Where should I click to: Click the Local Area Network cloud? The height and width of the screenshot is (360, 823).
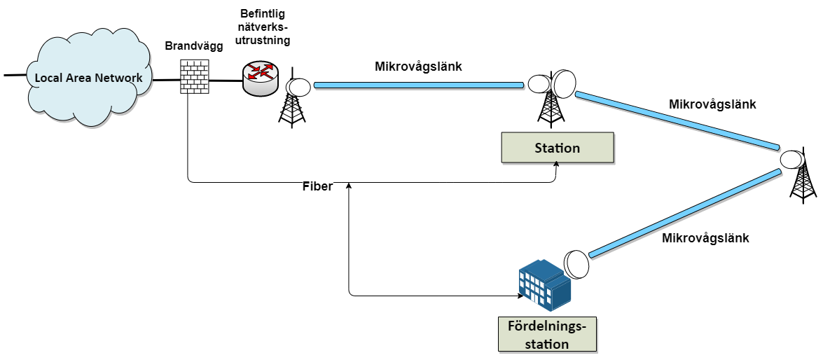click(x=88, y=78)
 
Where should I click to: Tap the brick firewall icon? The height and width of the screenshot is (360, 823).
click(x=194, y=76)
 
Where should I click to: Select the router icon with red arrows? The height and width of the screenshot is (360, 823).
click(x=261, y=78)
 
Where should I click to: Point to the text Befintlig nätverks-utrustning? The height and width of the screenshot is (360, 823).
click(x=265, y=26)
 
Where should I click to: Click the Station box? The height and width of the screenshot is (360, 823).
click(x=557, y=148)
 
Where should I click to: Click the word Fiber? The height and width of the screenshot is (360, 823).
click(x=317, y=186)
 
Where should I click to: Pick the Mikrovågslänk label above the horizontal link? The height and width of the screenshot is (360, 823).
click(x=418, y=67)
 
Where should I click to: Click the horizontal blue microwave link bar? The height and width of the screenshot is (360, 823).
click(x=419, y=85)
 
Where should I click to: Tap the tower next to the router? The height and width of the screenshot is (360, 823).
click(x=292, y=102)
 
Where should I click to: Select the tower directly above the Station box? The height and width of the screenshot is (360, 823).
click(x=551, y=99)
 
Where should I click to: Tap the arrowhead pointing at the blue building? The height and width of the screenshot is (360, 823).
click(x=520, y=296)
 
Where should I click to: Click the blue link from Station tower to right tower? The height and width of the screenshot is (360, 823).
click(x=677, y=120)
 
